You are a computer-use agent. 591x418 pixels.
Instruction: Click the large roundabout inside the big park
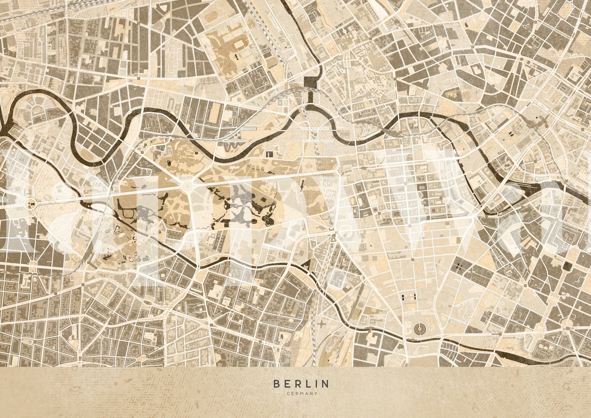[188, 187]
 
